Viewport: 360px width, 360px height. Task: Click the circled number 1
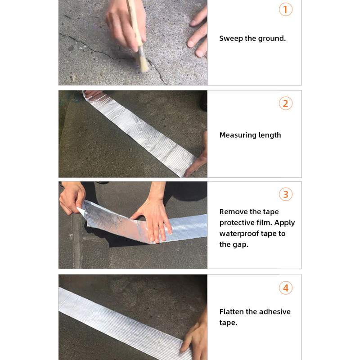point(285,9)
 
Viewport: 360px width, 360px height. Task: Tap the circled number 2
point(285,103)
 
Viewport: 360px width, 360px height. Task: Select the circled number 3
point(285,194)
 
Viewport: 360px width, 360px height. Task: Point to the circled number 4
point(285,288)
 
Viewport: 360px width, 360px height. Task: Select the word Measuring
point(236,135)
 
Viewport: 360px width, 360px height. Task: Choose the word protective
point(238,223)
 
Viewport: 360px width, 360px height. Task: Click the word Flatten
point(233,311)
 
